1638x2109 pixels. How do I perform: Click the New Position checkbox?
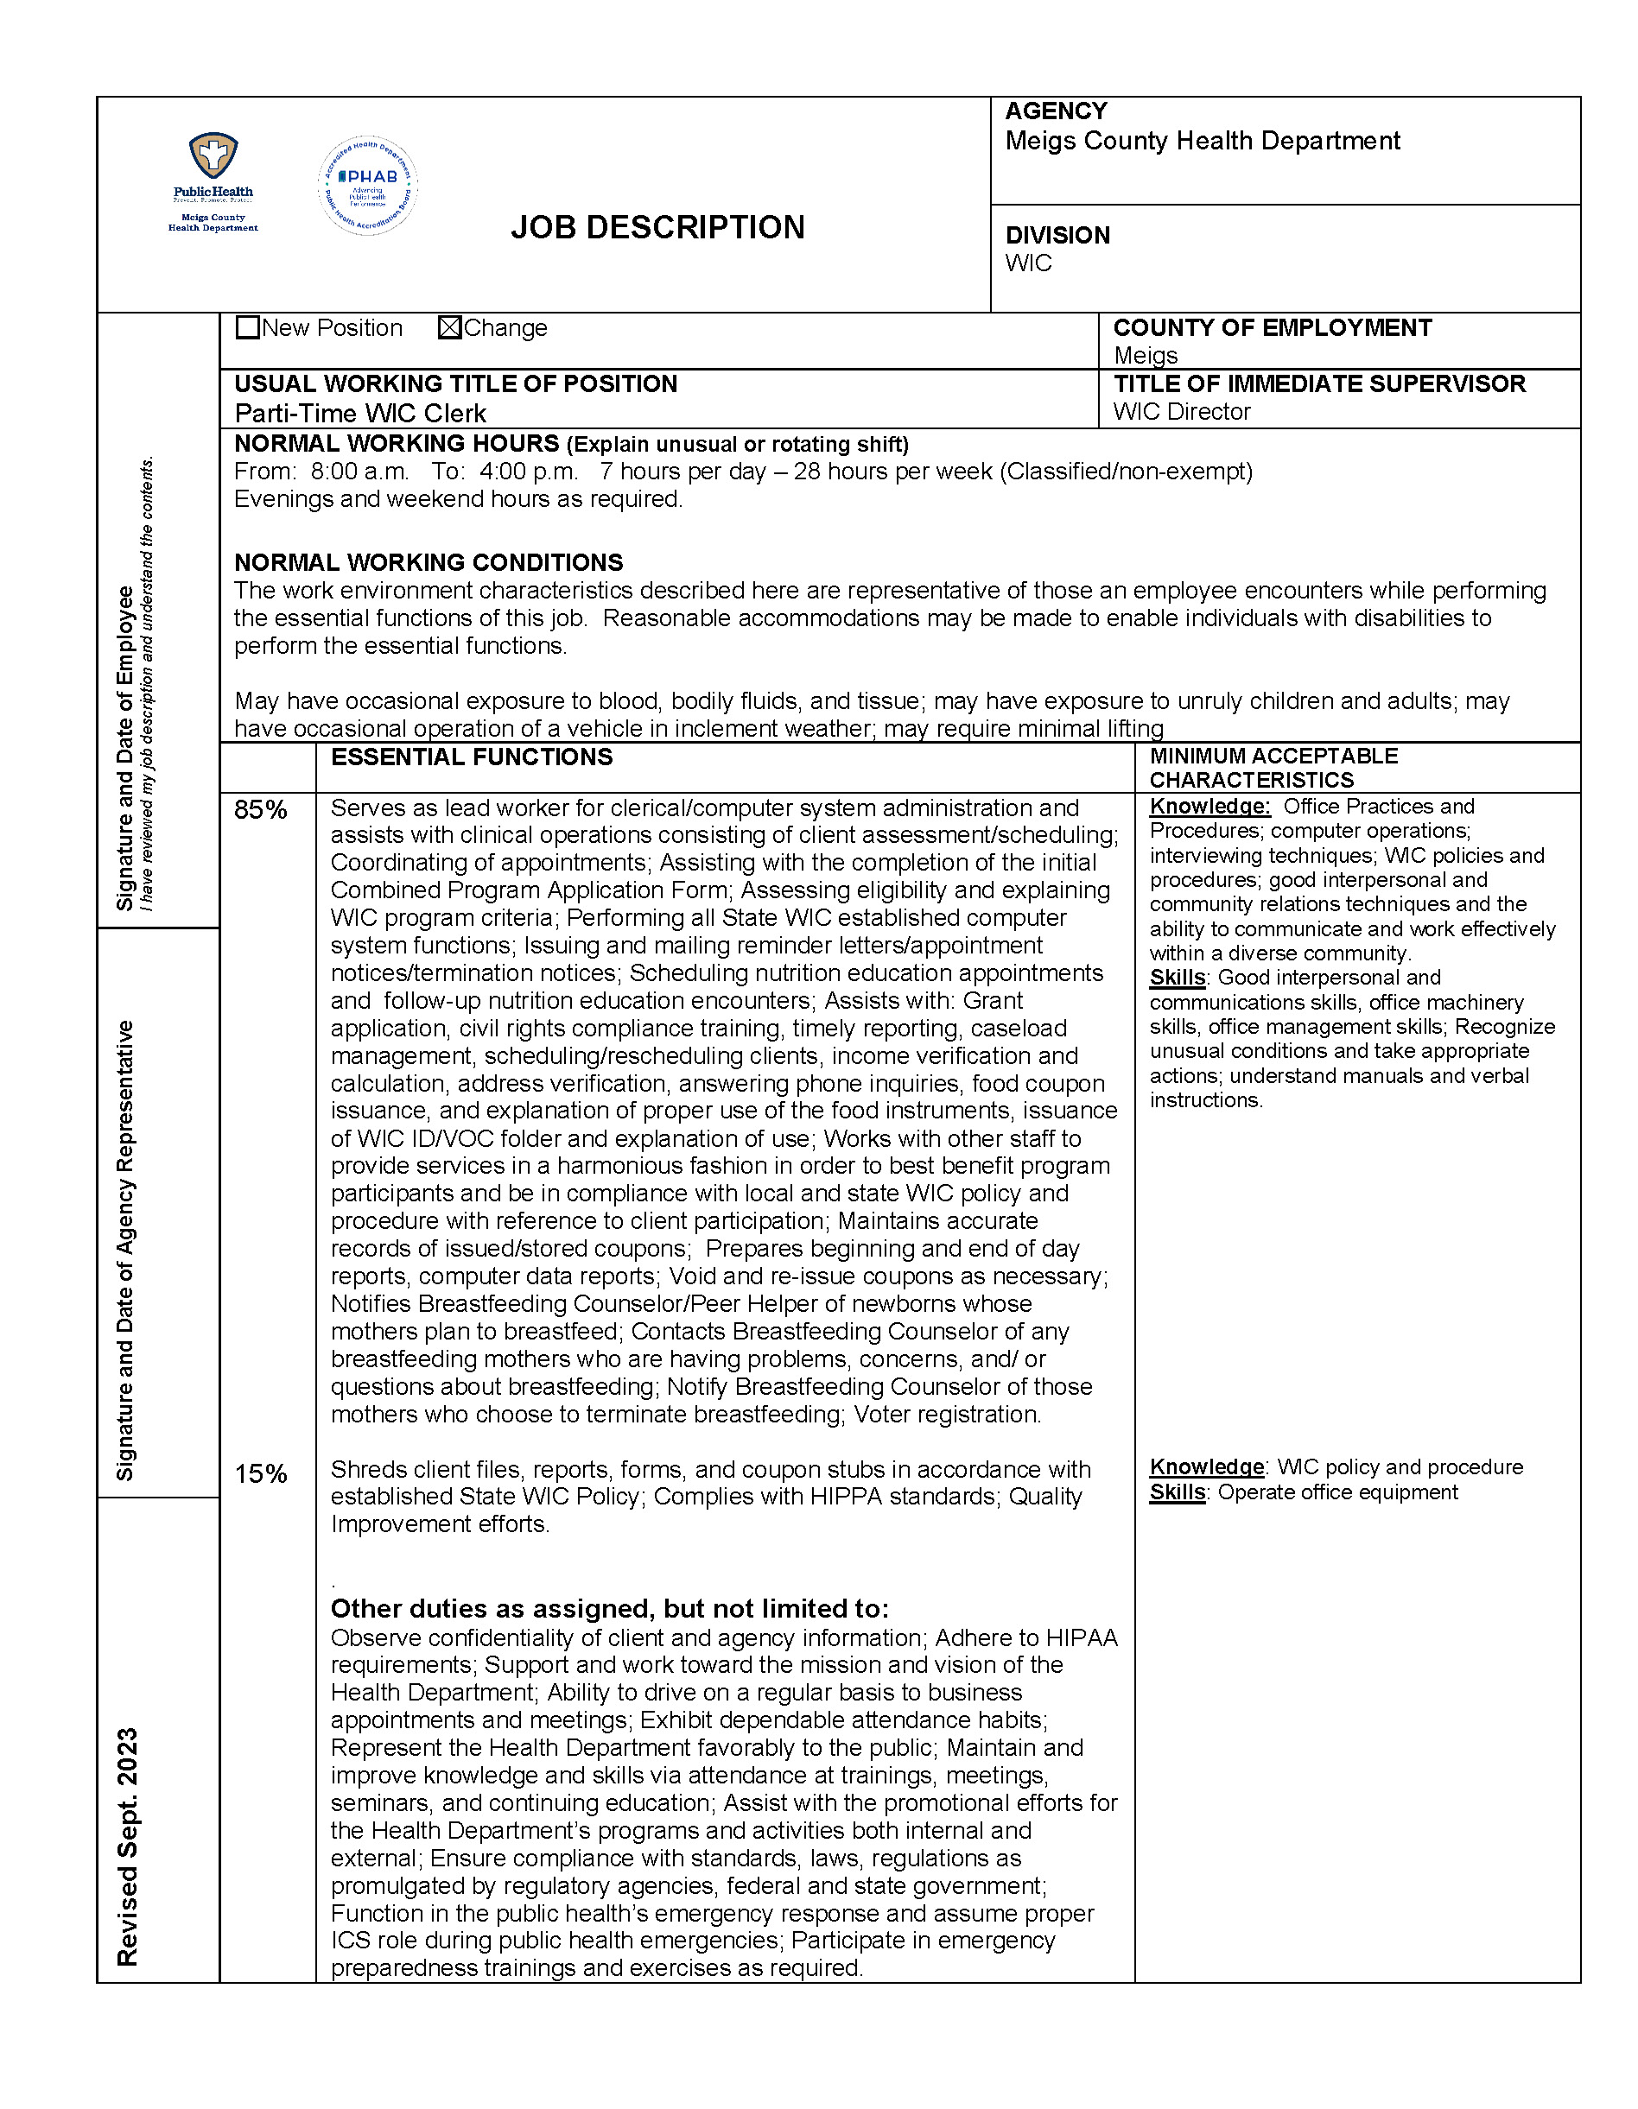248,328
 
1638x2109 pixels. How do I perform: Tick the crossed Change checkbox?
449,328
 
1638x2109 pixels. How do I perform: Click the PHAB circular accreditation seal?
368,186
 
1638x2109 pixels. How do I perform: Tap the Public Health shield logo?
213,156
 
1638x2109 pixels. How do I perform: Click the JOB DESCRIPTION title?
657,228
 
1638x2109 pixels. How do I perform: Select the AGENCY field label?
1056,112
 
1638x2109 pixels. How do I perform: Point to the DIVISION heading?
1057,236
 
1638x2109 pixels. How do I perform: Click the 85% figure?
261,810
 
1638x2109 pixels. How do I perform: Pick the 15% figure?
261,1473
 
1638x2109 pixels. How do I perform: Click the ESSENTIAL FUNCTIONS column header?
472,757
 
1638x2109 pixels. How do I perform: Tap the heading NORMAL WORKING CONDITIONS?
429,563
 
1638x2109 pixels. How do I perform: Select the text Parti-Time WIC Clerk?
360,415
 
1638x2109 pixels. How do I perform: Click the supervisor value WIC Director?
1181,412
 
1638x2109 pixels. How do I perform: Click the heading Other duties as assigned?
608,1609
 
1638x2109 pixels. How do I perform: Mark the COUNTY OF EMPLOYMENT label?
1272,328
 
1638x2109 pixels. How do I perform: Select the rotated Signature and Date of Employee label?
124,749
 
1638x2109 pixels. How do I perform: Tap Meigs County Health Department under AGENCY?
1203,142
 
